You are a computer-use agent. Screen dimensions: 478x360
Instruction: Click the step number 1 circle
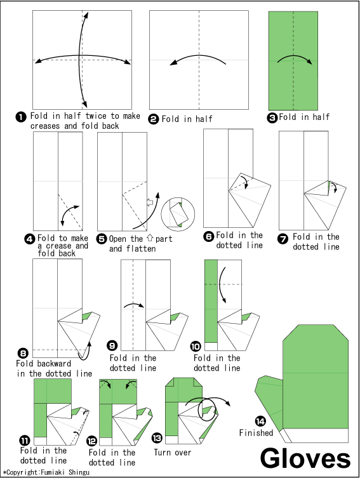click(20, 117)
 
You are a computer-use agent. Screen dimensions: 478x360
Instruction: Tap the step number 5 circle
click(102, 239)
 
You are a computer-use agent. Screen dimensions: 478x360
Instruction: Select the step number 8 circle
click(23, 354)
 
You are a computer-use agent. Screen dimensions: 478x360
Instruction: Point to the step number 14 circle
click(259, 422)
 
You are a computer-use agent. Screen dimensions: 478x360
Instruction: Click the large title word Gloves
click(306, 458)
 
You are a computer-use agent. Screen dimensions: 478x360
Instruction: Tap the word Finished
click(256, 433)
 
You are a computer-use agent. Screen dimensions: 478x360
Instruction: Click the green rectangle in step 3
click(293, 61)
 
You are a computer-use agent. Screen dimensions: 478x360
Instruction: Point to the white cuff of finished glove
click(316, 435)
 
